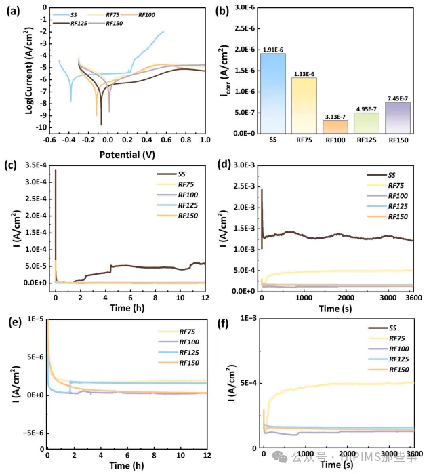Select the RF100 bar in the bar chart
[335, 126]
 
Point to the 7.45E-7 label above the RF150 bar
[398, 98]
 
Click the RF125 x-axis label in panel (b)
[367, 141]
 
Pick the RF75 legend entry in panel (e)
[186, 332]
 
